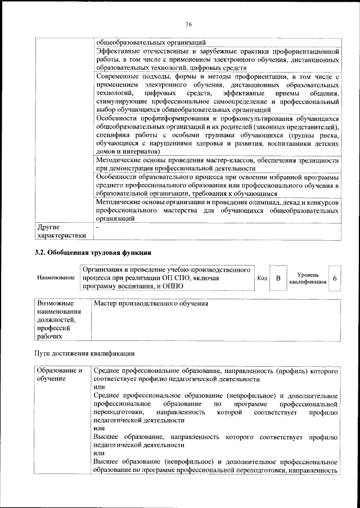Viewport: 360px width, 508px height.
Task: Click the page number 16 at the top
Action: pyautogui.click(x=188, y=24)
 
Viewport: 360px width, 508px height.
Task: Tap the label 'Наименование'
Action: pyautogui.click(x=56, y=278)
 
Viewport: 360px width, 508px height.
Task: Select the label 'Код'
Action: pyautogui.click(x=262, y=278)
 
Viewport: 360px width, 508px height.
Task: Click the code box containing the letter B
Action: pyautogui.click(x=277, y=278)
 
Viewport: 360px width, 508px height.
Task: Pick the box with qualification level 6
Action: pyautogui.click(x=335, y=278)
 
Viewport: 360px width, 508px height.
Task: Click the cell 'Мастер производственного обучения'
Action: pyautogui.click(x=151, y=304)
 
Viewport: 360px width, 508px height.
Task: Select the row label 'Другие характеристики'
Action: pyautogui.click(x=61, y=232)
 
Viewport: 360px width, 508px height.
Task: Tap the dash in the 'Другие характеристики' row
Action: pyautogui.click(x=97, y=228)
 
